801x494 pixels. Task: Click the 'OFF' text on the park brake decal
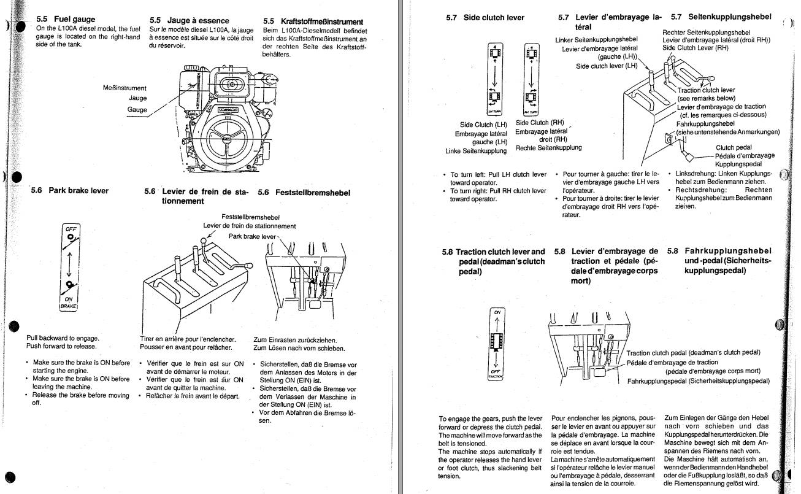(x=72, y=228)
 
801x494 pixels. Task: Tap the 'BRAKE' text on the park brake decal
(x=69, y=305)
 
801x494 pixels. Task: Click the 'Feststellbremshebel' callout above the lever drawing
(x=250, y=217)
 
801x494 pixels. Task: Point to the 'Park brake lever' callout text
(x=252, y=236)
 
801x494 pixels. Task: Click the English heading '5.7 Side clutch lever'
(x=485, y=18)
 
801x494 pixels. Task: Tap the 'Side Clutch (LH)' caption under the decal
(x=484, y=125)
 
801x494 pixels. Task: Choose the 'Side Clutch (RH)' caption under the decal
(x=540, y=122)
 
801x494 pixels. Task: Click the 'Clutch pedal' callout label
(x=734, y=147)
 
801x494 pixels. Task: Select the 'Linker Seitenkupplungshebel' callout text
(x=592, y=40)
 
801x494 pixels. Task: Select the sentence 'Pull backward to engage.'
(x=63, y=338)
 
